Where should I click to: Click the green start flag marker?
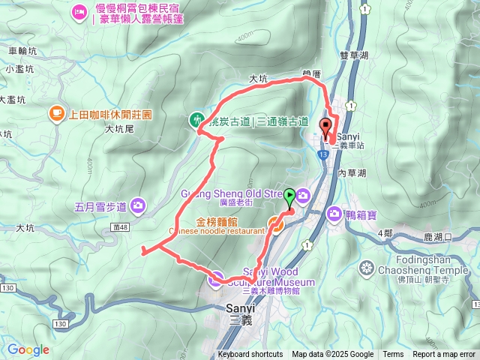[x=290, y=197]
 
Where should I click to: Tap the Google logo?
[x=28, y=349]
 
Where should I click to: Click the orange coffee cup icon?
[x=56, y=113]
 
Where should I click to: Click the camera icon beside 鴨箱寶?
[x=334, y=214]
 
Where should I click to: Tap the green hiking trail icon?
[x=196, y=119]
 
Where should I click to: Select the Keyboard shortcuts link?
[x=250, y=355]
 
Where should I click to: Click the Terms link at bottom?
[x=393, y=355]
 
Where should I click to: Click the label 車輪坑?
[x=22, y=52]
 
